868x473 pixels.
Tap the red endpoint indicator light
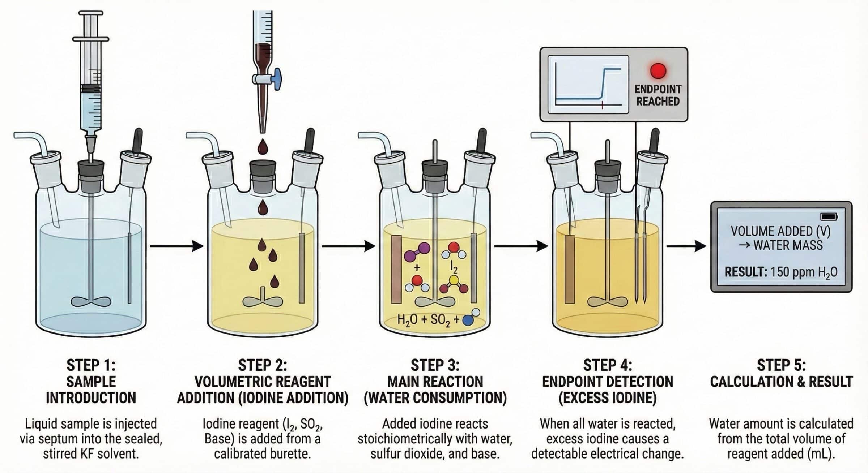pyautogui.click(x=658, y=71)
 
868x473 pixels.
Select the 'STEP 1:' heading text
pyautogui.click(x=91, y=365)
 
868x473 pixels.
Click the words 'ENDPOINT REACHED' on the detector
pyautogui.click(x=658, y=95)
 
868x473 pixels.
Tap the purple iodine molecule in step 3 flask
pyautogui.click(x=417, y=251)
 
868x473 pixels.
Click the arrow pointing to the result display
pyautogui.click(x=686, y=246)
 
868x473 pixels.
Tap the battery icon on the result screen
pyautogui.click(x=829, y=216)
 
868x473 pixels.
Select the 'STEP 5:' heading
pyautogui.click(x=781, y=365)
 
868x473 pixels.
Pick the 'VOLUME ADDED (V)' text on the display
pyautogui.click(x=780, y=231)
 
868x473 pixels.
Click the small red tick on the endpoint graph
pyautogui.click(x=603, y=105)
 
